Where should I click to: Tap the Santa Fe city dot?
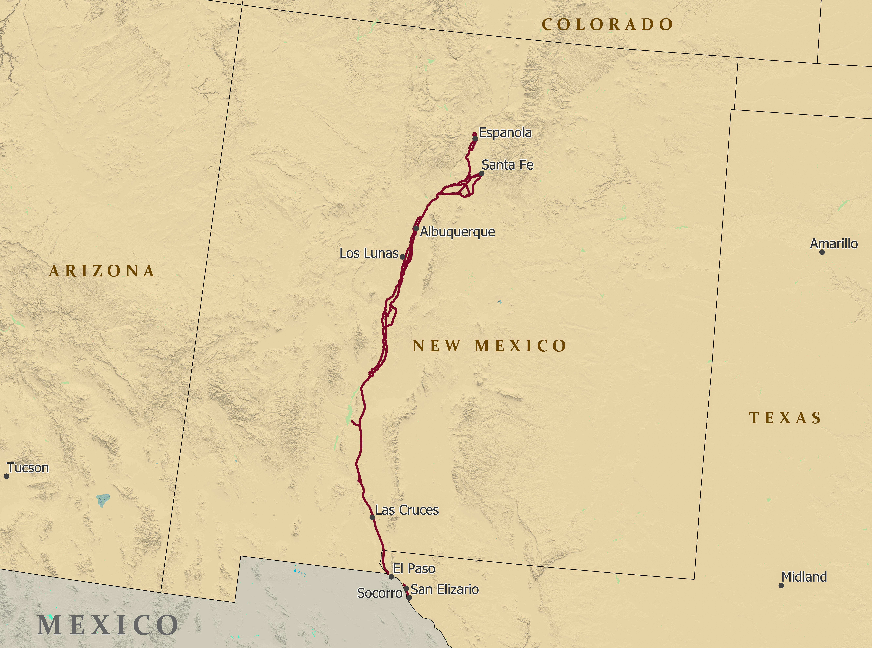pos(482,173)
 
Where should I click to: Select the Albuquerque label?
pos(457,232)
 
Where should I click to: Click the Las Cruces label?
pos(407,510)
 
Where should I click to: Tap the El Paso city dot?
pos(391,577)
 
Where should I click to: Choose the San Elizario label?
pos(444,590)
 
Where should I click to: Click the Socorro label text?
pos(379,593)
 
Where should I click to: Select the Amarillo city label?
pos(834,244)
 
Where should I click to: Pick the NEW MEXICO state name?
pos(490,346)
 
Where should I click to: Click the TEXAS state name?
pos(785,418)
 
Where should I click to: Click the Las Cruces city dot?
pos(372,517)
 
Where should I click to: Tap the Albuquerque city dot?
pos(416,228)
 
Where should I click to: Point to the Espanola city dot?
pos(475,139)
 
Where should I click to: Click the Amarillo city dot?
pos(822,252)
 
